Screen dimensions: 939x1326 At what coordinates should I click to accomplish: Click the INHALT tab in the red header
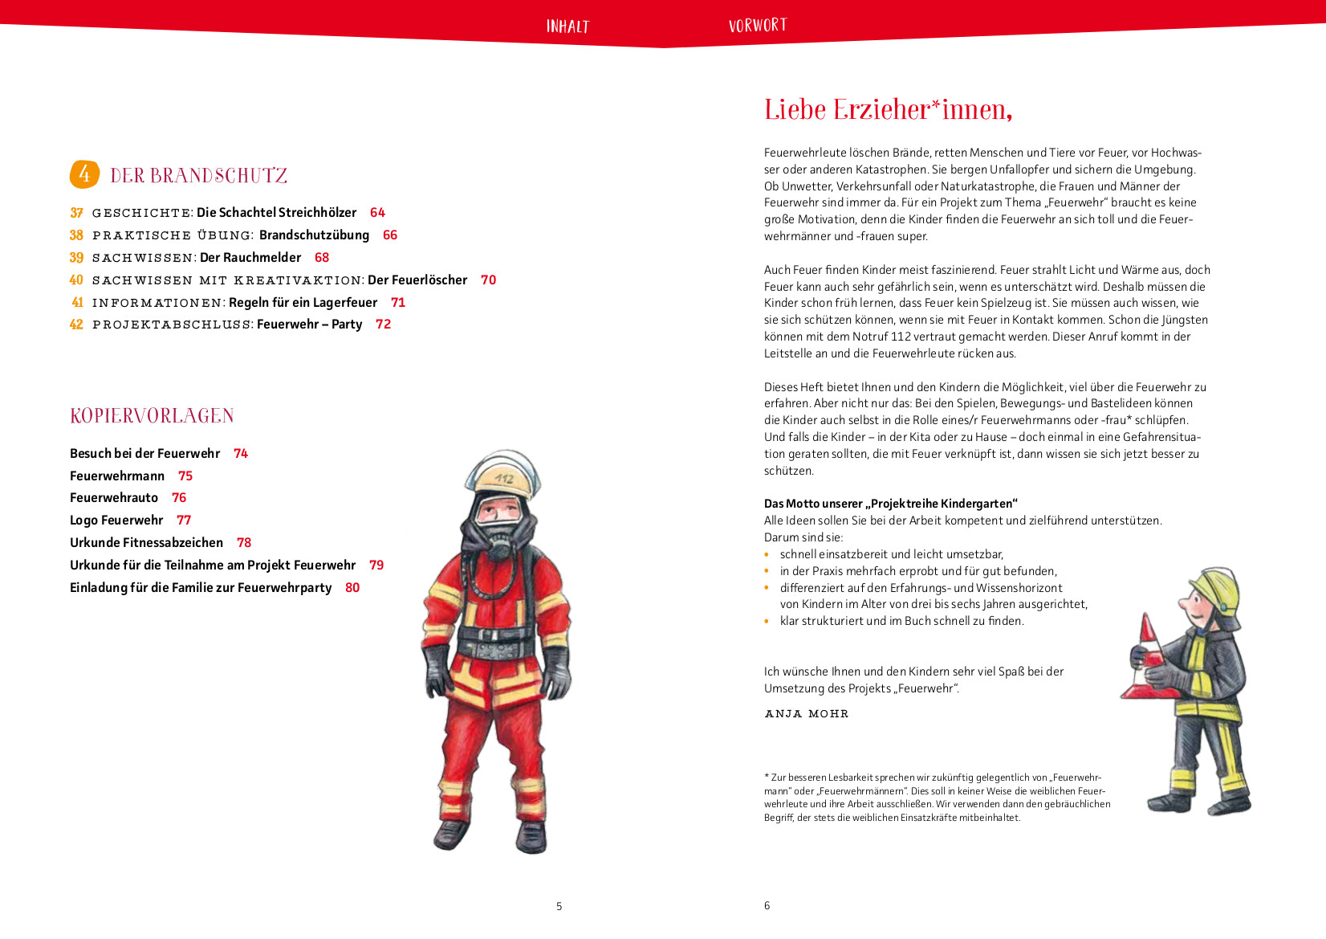coord(567,27)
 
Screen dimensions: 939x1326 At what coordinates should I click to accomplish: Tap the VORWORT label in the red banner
coord(757,26)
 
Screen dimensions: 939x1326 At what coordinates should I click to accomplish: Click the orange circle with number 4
coord(84,174)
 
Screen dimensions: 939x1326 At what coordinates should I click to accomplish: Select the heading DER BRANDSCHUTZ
coord(198,176)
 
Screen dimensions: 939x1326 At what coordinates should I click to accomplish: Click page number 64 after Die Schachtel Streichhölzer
coord(377,213)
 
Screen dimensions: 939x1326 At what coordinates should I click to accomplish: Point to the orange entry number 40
coord(76,280)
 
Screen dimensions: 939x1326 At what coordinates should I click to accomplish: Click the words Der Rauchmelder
coord(250,258)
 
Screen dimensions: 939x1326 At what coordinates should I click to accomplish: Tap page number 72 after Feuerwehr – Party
coord(383,325)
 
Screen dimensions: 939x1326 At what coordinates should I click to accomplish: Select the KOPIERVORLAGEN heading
coord(152,416)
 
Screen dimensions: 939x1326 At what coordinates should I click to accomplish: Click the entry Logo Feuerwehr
coord(116,521)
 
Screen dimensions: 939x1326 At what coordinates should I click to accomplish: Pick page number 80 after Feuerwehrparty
coord(352,588)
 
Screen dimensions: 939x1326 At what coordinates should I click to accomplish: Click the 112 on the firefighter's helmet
coord(504,479)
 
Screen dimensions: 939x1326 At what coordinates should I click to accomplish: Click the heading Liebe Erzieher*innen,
coord(888,110)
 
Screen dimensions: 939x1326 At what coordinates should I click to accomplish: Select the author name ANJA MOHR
coord(806,714)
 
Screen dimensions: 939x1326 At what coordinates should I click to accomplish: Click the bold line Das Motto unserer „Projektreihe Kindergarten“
coord(890,504)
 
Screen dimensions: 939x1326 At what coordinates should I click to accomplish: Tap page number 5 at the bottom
coord(559,906)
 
